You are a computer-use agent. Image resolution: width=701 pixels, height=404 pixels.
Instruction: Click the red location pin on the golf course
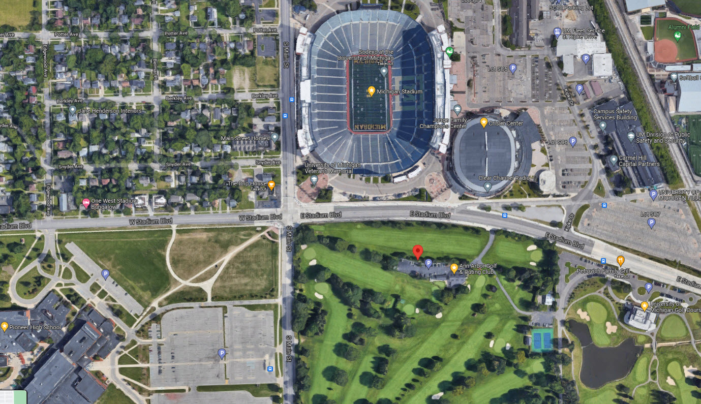pos(417,252)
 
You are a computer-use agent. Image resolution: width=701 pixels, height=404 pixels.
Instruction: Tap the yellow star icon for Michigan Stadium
pos(372,91)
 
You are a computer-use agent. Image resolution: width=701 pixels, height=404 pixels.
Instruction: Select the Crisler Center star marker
pos(484,122)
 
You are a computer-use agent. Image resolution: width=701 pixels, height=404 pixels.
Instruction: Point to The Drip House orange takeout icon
pos(271,185)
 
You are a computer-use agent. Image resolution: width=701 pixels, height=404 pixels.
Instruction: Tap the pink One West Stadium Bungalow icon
pos(86,203)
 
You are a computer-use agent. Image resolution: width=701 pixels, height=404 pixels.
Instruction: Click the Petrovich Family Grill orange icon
pos(620,261)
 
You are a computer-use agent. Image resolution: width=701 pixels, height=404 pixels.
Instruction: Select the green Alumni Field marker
pos(677,36)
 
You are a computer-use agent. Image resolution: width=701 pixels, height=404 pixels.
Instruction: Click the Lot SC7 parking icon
pos(651,222)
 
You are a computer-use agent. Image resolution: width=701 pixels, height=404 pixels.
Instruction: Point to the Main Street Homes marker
pos(275,137)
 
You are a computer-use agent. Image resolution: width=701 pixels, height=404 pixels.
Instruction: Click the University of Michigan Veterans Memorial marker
pos(314,179)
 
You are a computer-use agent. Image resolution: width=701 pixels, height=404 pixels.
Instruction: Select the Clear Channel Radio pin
pos(487,187)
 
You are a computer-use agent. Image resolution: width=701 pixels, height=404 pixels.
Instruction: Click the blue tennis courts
pos(542,339)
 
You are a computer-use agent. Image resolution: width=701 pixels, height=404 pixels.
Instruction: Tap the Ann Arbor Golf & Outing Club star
pos(454,268)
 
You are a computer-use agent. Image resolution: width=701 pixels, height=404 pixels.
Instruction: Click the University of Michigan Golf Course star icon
pos(644,306)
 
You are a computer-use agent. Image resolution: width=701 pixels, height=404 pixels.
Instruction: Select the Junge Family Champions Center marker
pos(457,109)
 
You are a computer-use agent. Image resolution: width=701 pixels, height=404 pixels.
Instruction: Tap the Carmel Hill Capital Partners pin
pos(614,161)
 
